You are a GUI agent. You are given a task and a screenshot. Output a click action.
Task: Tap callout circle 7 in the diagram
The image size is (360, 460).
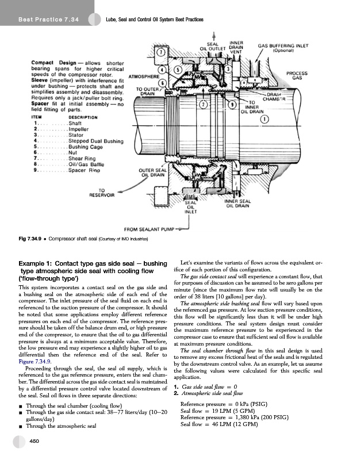coord(163,53)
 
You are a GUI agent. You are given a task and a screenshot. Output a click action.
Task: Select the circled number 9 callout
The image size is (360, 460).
coord(231,105)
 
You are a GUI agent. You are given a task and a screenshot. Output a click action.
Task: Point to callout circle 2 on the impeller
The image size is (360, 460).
coord(203,105)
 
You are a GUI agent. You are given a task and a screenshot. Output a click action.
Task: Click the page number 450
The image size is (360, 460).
coord(35,441)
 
